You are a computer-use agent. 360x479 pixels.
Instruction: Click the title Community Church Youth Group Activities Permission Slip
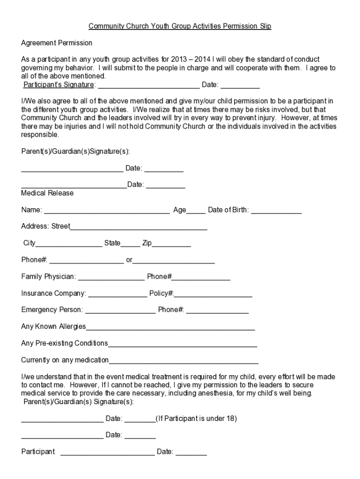pos(180,26)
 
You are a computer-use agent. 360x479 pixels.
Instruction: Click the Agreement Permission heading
pos(57,43)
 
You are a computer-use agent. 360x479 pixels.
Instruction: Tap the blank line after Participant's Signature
pos(149,86)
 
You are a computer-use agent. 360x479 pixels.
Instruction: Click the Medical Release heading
pos(47,193)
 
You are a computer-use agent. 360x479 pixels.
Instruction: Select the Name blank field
pos(107,211)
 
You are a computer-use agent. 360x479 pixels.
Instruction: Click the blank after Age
pos(196,211)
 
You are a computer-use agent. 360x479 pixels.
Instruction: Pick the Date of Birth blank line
pos(276,211)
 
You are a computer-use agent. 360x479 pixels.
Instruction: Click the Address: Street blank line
pos(138,227)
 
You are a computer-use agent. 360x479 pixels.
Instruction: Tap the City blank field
pos(69,244)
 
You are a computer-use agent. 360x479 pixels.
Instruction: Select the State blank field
pos(130,244)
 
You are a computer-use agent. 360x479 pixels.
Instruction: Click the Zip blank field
pos(171,244)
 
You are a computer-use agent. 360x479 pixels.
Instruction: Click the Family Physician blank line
pos(111,277)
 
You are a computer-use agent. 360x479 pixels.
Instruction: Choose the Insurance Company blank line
pos(117,294)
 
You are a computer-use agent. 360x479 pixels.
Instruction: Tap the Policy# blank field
pos(213,294)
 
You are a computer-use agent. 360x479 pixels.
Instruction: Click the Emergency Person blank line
pos(120,311)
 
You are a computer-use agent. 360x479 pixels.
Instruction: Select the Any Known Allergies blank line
pos(170,327)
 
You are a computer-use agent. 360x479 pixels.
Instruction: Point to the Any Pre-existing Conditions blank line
pos(182,344)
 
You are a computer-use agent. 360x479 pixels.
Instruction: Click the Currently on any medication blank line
pos(183,361)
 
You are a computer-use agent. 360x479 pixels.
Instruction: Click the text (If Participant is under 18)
pos(196,419)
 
